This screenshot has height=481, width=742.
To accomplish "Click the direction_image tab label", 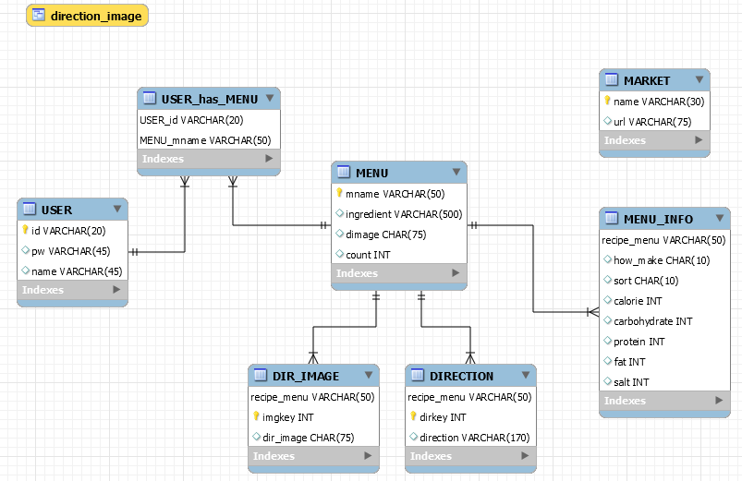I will pyautogui.click(x=97, y=16).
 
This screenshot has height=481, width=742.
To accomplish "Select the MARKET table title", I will pyautogui.click(x=647, y=80).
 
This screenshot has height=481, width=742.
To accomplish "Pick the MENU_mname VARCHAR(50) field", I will pyautogui.click(x=205, y=139).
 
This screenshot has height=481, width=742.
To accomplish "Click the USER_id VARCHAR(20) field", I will pyautogui.click(x=191, y=120).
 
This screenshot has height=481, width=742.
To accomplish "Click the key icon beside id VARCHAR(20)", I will pyautogui.click(x=25, y=230).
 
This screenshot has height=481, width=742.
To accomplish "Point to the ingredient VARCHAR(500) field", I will pyautogui.click(x=404, y=213).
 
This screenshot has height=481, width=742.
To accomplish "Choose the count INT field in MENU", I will pyautogui.click(x=368, y=254).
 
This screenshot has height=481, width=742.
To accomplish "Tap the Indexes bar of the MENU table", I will pyautogui.click(x=398, y=273).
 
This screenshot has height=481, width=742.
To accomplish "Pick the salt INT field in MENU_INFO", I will pyautogui.click(x=631, y=382).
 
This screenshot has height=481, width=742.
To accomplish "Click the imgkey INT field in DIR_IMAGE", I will pyautogui.click(x=291, y=416).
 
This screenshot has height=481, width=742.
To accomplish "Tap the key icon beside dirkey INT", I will pyautogui.click(x=413, y=416).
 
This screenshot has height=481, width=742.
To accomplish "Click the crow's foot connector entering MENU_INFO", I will pyautogui.click(x=592, y=311).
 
